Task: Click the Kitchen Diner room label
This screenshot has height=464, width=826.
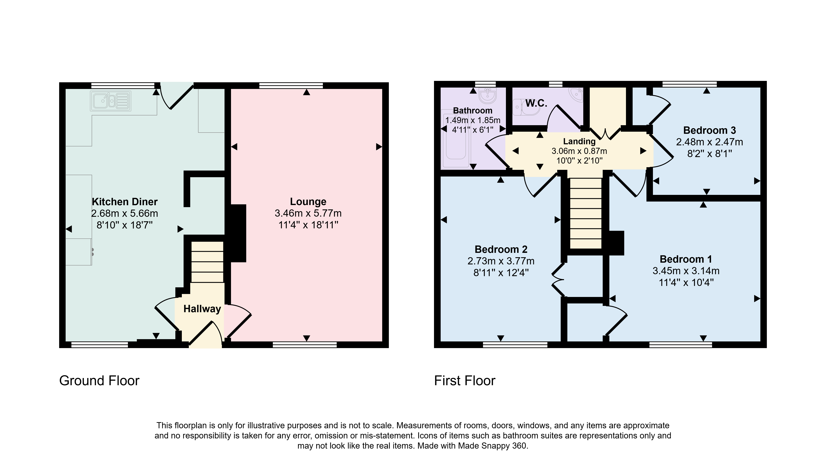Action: (125, 202)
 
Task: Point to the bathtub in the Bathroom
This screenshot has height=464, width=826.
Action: (456, 139)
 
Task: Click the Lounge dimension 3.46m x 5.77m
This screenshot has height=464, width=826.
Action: (308, 213)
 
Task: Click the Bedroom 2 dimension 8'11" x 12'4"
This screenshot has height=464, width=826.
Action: (501, 273)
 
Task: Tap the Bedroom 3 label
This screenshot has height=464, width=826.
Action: (710, 130)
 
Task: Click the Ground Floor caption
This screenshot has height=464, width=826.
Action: (99, 381)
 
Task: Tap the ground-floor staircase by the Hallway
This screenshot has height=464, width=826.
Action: (207, 262)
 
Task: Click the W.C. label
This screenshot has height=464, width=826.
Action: (536, 103)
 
